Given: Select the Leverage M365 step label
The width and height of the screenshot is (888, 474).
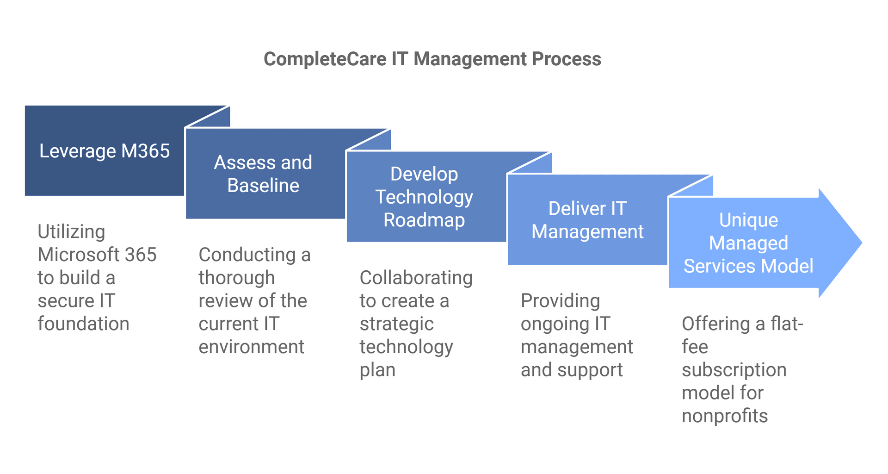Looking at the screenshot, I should point(105,151).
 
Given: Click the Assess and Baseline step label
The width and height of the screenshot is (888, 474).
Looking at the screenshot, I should point(263,174).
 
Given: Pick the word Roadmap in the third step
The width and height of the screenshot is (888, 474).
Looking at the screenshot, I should point(424,220).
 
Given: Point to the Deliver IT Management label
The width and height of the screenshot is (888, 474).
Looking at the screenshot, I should point(587,220).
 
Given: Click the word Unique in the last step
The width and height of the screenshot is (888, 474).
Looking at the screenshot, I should point(748,220).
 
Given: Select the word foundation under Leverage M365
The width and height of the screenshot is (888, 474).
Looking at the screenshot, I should point(83,324).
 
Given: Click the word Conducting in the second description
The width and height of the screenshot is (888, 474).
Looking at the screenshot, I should point(247,255).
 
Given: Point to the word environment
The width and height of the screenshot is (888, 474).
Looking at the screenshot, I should point(251,347).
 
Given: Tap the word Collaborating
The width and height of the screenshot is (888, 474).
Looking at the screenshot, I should point(416,278).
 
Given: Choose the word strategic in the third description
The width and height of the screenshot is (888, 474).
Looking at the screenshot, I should point(396,324).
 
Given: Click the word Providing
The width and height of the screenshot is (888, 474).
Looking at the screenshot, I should point(560,301).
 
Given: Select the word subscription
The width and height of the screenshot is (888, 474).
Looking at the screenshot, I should point(734,370).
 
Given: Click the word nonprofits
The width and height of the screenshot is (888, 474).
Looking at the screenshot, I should point(725,416).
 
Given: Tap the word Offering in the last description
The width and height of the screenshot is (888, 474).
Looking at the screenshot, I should point(715,324).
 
